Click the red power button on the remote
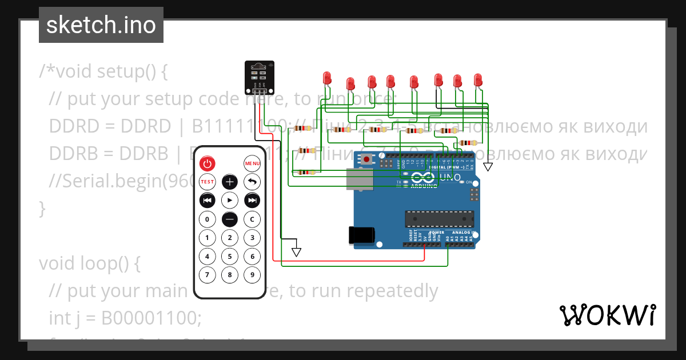point(207,163)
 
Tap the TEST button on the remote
point(207,182)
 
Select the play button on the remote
point(229,201)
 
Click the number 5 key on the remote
point(229,257)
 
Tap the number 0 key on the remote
point(207,219)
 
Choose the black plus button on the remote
point(229,182)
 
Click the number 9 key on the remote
point(252,275)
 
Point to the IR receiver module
point(260,77)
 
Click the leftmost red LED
point(327,78)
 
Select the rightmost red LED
point(478,79)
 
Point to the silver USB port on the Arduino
point(360,179)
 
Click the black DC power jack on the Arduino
point(361,235)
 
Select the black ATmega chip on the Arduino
point(439,218)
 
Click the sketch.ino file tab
point(101,25)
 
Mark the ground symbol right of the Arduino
point(488,167)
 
